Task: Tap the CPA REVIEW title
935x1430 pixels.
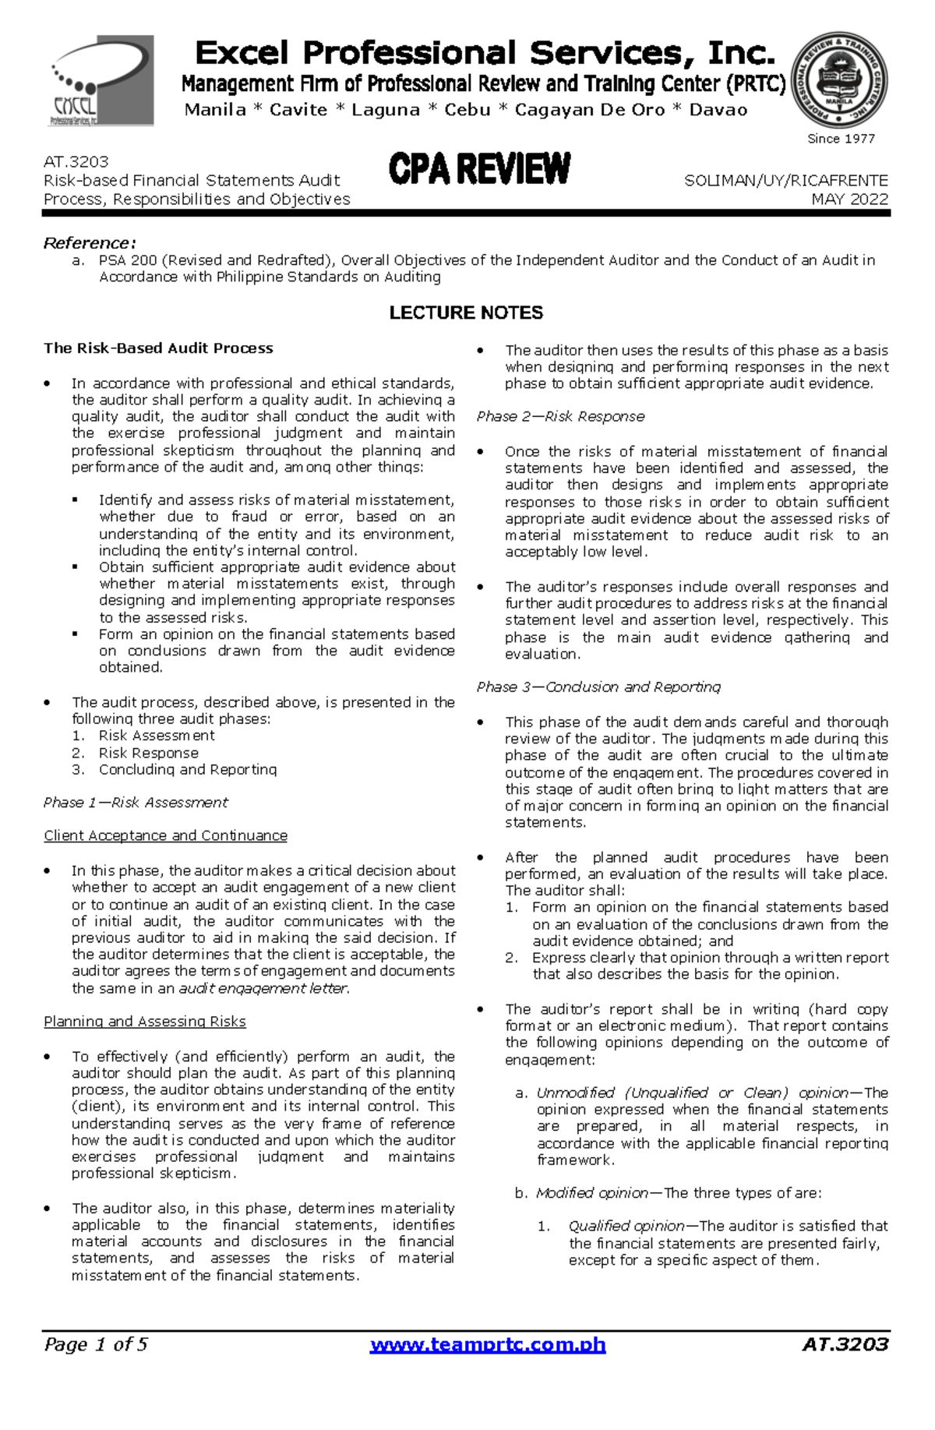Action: pyautogui.click(x=479, y=170)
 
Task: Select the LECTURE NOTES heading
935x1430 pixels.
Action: pyautogui.click(x=466, y=312)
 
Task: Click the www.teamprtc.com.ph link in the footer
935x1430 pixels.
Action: pyautogui.click(x=488, y=1344)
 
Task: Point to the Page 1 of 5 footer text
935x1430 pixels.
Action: pyautogui.click(x=96, y=1344)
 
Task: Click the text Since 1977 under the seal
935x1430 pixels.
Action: pyautogui.click(x=841, y=139)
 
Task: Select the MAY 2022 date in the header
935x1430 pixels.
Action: pyautogui.click(x=849, y=199)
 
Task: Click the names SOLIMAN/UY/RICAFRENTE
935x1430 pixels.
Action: pyautogui.click(x=785, y=181)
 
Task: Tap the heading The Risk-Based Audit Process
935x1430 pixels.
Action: pyautogui.click(x=158, y=348)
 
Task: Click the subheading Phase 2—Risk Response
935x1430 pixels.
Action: pyautogui.click(x=560, y=416)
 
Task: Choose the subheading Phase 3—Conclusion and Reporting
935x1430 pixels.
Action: pyautogui.click(x=598, y=687)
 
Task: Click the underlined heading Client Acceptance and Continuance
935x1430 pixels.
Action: pyautogui.click(x=165, y=835)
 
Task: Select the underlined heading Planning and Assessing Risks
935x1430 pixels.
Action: pyautogui.click(x=145, y=1021)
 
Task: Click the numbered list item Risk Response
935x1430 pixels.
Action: pyautogui.click(x=148, y=753)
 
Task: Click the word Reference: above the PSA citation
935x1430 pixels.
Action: pyautogui.click(x=90, y=242)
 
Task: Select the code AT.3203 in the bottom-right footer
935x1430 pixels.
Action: pyautogui.click(x=845, y=1344)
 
